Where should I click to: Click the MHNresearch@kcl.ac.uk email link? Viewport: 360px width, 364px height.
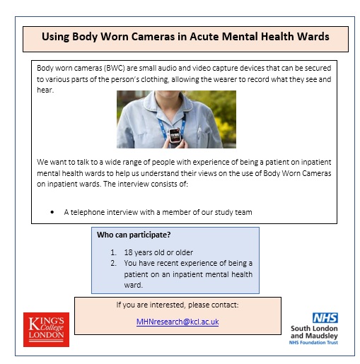point(178,322)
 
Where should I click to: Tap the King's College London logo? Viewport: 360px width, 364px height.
point(46,329)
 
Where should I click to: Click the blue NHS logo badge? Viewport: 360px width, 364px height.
point(325,318)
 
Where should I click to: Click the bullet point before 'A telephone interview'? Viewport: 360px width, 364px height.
point(53,212)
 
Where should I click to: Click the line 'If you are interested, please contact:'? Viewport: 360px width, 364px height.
point(178,305)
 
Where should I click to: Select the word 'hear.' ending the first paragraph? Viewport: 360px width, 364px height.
point(46,90)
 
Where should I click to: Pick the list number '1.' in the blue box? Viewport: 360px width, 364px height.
point(115,252)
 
